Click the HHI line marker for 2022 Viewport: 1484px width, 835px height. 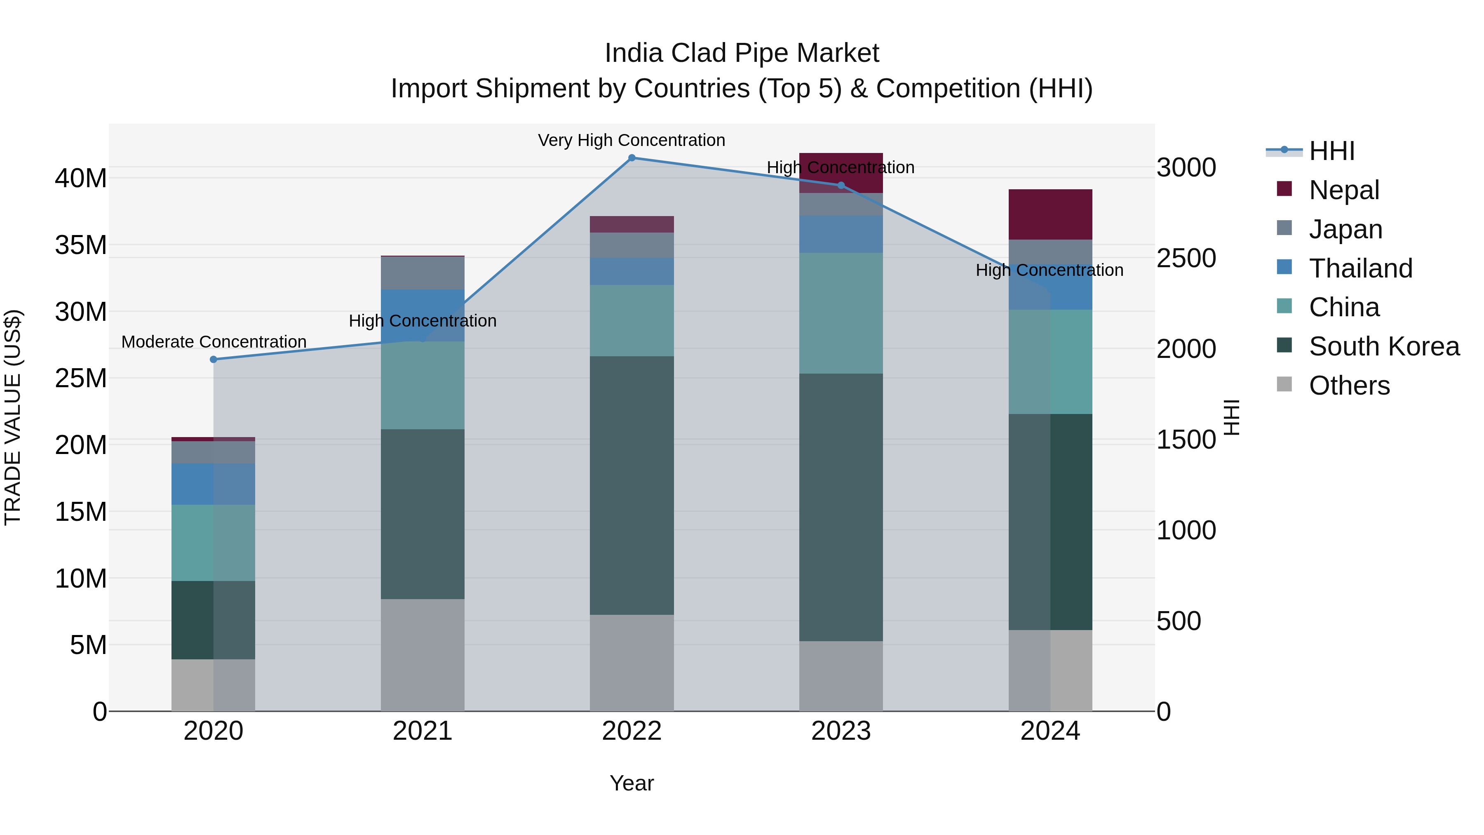[x=632, y=158]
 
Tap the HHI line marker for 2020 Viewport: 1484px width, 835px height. [x=213, y=360]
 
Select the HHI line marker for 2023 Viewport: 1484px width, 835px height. [x=841, y=186]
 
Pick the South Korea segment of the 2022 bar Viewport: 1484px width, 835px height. [x=632, y=485]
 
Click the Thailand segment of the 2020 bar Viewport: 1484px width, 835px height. [x=213, y=484]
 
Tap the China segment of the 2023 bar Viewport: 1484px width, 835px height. [x=841, y=313]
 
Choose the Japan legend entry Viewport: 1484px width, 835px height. [x=1345, y=229]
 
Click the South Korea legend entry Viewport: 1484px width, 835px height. [x=1383, y=347]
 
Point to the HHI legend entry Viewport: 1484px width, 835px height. [x=1331, y=151]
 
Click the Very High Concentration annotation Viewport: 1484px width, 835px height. [x=632, y=140]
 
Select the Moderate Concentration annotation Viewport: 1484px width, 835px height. [x=213, y=342]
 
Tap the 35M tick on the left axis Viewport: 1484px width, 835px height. [x=81, y=245]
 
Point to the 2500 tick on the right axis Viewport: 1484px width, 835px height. [x=1186, y=258]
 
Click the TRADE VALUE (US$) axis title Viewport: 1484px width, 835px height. [x=13, y=417]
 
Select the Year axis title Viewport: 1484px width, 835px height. [x=632, y=783]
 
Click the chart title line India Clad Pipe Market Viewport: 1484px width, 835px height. [x=742, y=53]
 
